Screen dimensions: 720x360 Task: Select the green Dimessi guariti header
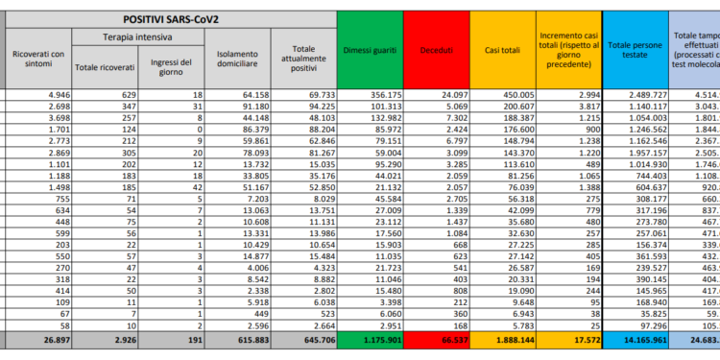pyautogui.click(x=368, y=47)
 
